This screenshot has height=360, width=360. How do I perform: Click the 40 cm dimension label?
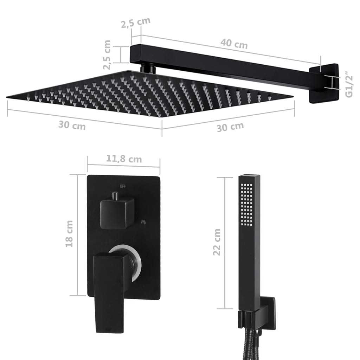tap(234, 45)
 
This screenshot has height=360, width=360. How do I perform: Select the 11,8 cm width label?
tap(124, 159)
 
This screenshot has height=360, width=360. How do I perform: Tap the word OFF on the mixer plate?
tap(123, 186)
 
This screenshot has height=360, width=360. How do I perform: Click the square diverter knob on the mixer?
tap(117, 212)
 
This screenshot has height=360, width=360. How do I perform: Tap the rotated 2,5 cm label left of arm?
tap(107, 55)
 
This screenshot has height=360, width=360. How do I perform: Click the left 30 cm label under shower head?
tap(72, 125)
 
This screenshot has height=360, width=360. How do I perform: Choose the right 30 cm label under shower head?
tap(230, 127)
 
